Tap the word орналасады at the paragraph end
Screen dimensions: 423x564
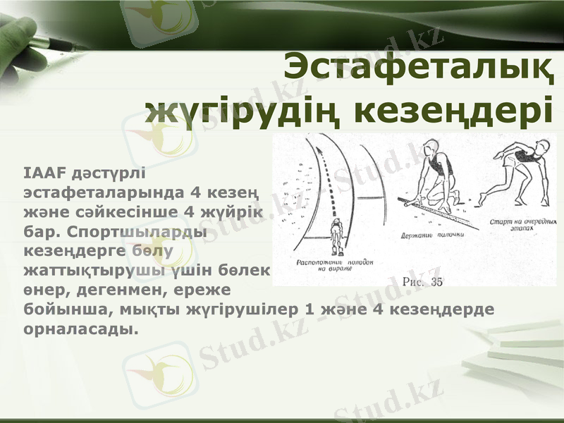78,329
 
